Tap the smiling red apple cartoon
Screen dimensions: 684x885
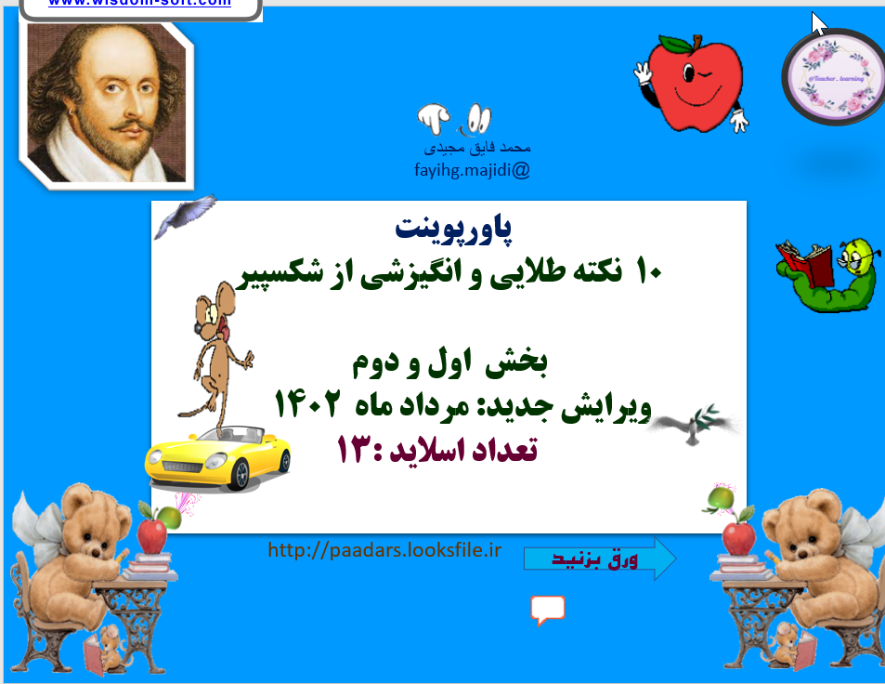click(x=695, y=81)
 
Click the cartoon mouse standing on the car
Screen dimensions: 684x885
click(x=219, y=353)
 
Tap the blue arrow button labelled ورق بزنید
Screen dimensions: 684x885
click(x=600, y=559)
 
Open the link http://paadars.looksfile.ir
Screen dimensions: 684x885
click(x=384, y=551)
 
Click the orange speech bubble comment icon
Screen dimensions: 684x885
click(x=548, y=611)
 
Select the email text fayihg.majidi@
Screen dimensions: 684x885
click(x=472, y=170)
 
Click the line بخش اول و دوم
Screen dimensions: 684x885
click(x=452, y=363)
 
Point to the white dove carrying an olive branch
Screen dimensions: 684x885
click(x=696, y=424)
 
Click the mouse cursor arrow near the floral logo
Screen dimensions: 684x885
click(x=819, y=24)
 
